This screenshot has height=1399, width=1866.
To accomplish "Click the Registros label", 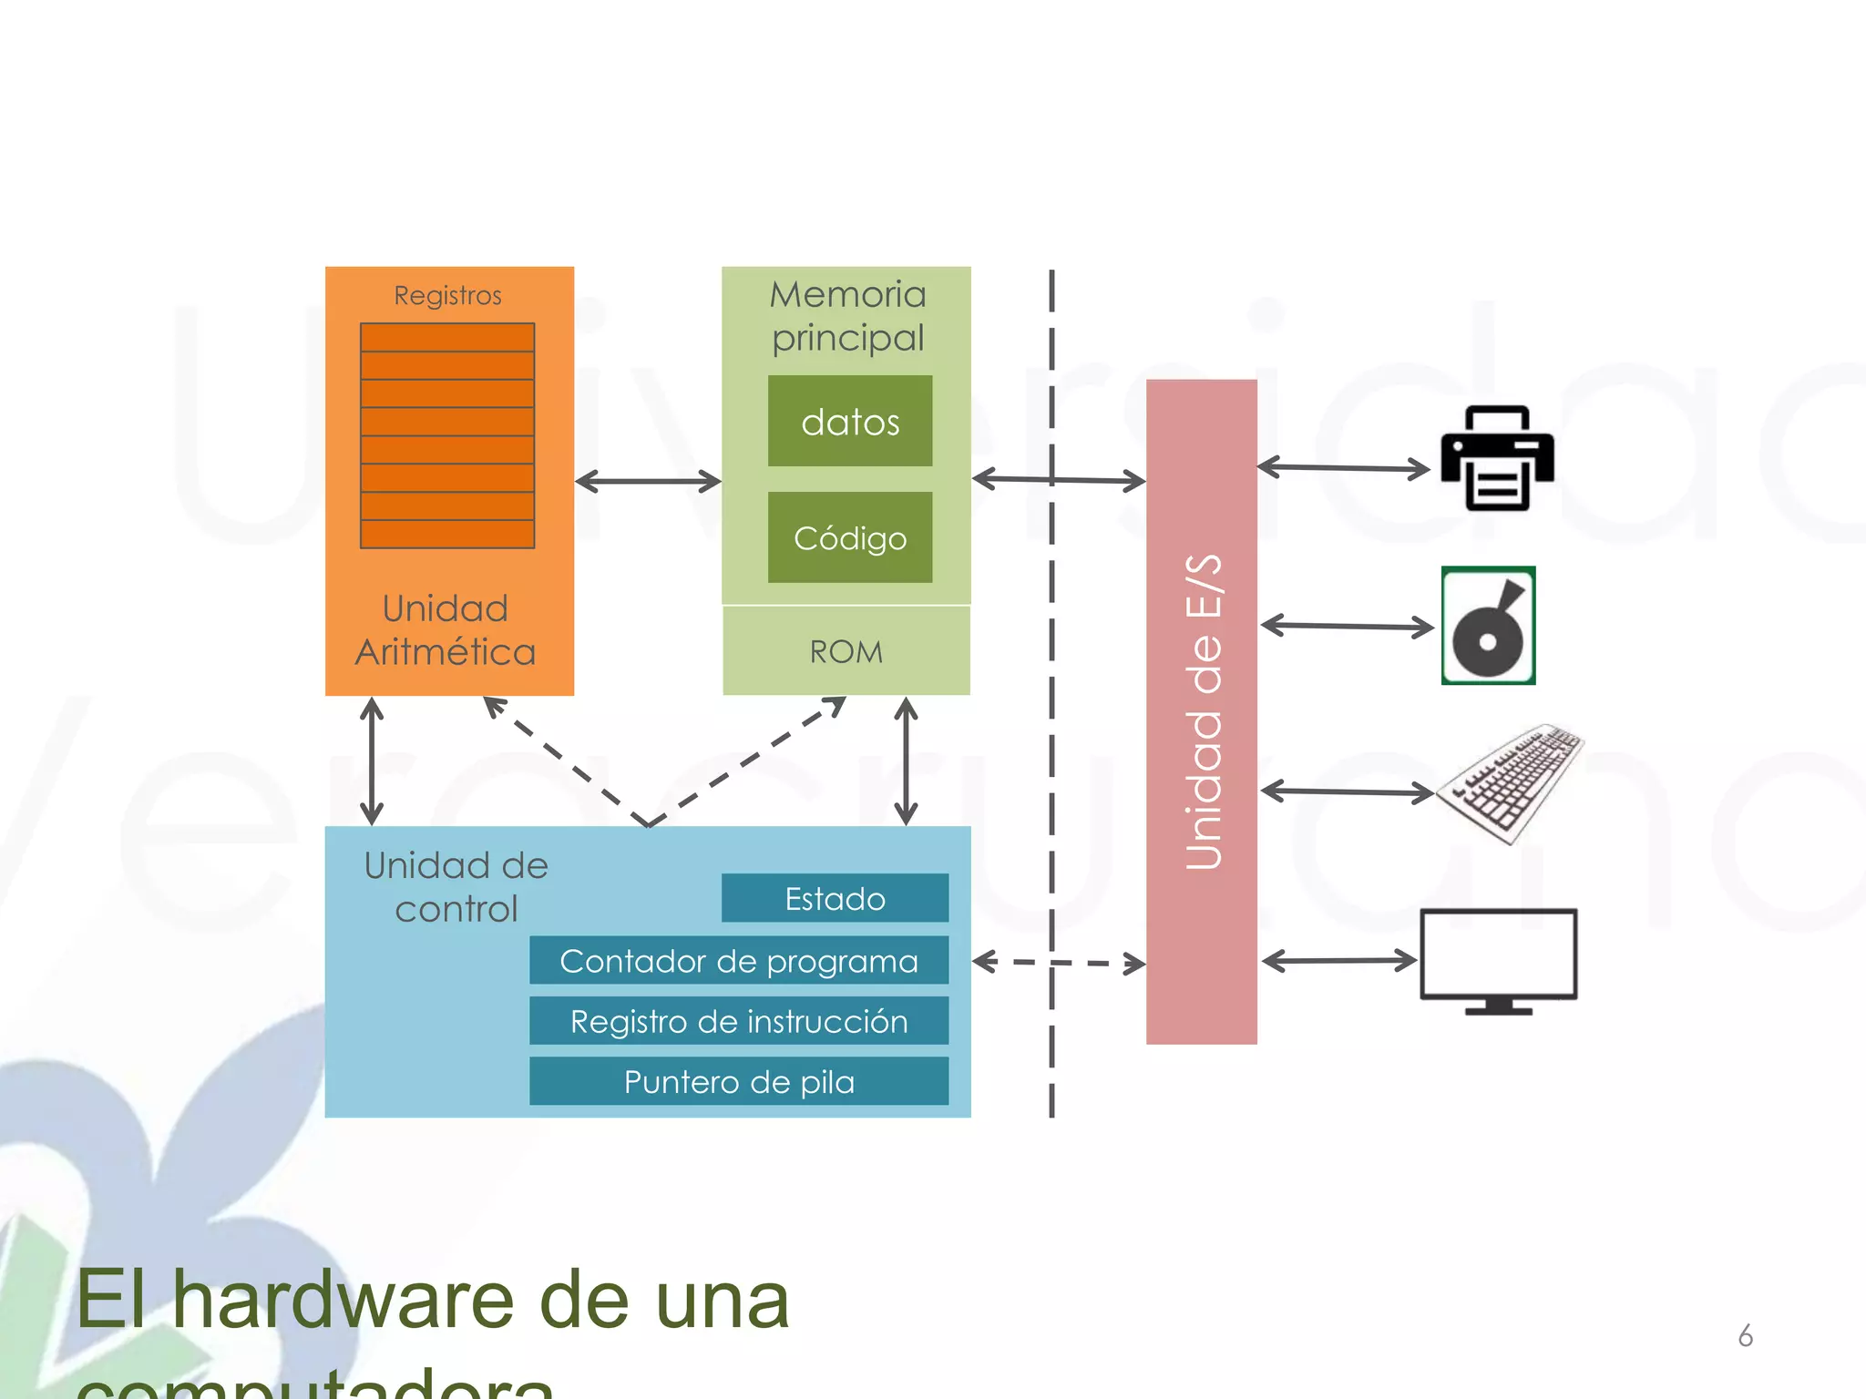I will point(447,295).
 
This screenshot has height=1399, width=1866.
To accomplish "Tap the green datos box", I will point(849,422).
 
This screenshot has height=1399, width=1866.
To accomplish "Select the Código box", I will point(849,537).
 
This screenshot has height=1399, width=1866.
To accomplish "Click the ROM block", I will point(846,651).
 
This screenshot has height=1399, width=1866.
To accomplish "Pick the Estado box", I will point(835,898).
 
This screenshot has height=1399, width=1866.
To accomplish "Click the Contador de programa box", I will point(738,961).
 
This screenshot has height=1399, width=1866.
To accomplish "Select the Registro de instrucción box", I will point(738,1021).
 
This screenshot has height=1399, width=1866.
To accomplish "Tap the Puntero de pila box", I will point(738,1081).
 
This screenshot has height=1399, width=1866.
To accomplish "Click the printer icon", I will point(1497,458).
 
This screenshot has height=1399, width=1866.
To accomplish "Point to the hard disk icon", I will point(1488,626).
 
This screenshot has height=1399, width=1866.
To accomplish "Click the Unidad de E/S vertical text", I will point(1203,711).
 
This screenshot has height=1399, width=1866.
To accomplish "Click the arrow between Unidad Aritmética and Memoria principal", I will point(648,481).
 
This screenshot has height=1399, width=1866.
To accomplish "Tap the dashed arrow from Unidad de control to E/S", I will point(1057,962).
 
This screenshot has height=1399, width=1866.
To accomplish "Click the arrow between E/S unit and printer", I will point(1343,468).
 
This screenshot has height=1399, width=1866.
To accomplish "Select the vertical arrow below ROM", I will point(906,761).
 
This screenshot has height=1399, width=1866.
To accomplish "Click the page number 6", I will point(1745,1336).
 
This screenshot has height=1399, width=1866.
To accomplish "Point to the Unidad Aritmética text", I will point(445,630).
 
